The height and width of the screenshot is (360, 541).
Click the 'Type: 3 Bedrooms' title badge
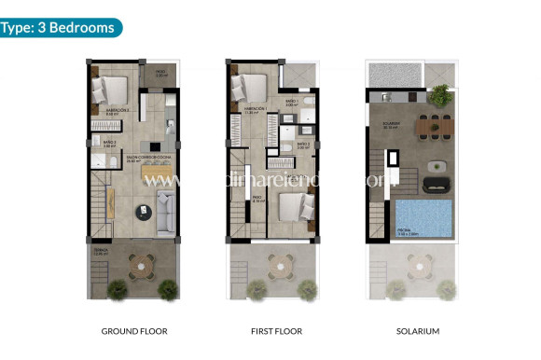[61, 27]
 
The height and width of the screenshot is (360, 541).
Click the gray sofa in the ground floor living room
[164, 210]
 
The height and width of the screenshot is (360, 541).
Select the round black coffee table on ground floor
[143, 210]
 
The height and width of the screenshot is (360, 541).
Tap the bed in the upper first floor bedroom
[250, 87]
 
